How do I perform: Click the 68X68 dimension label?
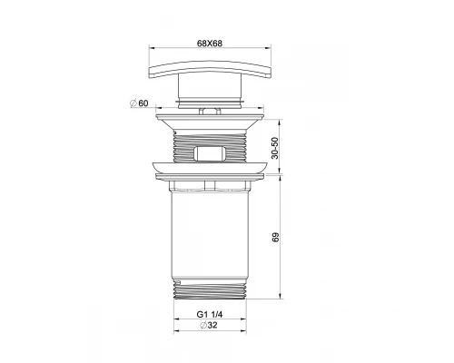coord(210,44)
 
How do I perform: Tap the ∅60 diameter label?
coord(139,103)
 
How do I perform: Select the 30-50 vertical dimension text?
coord(274,148)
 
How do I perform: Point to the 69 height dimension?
coord(275,237)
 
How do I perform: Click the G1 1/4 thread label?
coord(210,314)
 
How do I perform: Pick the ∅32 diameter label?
coord(209,325)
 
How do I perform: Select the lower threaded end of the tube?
coord(210,289)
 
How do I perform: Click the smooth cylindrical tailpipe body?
coord(210,235)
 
